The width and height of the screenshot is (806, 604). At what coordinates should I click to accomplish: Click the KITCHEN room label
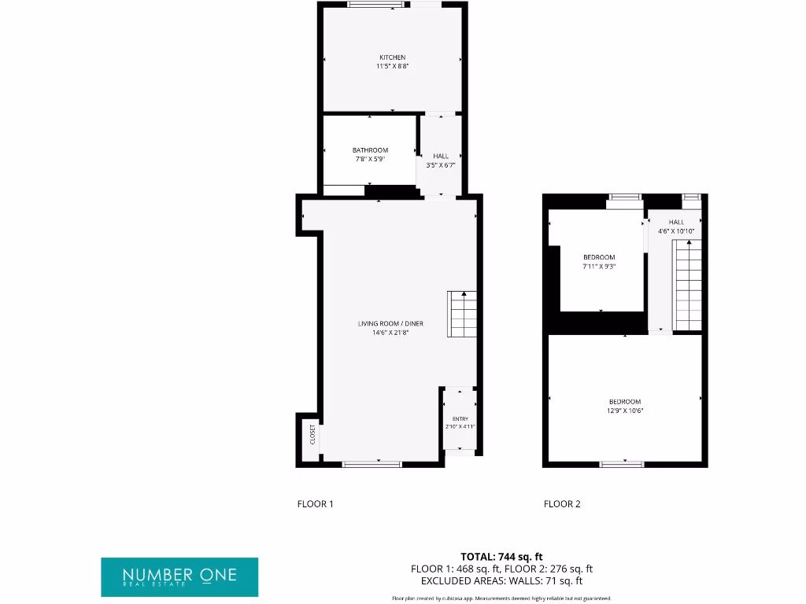click(x=392, y=57)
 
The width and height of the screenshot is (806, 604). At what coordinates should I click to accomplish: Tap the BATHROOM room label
click(x=370, y=150)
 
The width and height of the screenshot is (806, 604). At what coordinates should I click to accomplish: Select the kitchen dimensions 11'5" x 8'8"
click(x=392, y=67)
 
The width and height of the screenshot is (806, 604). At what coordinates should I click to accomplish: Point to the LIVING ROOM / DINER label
click(x=391, y=323)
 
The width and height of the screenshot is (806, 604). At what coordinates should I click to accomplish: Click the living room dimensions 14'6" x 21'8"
click(x=391, y=333)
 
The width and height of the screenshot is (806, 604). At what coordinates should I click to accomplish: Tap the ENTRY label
click(x=460, y=418)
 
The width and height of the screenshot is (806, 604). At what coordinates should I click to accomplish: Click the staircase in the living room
click(x=463, y=314)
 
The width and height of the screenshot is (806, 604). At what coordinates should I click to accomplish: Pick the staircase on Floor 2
click(x=688, y=285)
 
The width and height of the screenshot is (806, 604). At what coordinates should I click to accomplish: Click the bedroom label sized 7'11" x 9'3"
click(x=599, y=257)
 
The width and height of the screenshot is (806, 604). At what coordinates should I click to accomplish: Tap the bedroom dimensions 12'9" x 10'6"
click(x=625, y=411)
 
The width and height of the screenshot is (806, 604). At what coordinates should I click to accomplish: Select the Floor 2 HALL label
click(x=677, y=222)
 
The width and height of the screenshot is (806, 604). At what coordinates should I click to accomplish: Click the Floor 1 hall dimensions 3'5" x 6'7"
click(x=441, y=165)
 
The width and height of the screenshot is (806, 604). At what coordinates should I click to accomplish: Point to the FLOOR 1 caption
click(x=316, y=504)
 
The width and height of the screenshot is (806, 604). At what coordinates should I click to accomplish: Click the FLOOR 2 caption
click(x=562, y=504)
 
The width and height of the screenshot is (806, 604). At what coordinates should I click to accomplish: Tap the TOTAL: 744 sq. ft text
click(x=501, y=556)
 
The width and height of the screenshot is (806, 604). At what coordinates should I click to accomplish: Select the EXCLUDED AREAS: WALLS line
click(x=501, y=581)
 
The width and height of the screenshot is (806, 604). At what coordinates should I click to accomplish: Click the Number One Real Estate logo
click(x=179, y=577)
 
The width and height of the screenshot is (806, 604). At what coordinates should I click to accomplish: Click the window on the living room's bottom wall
click(x=372, y=464)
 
